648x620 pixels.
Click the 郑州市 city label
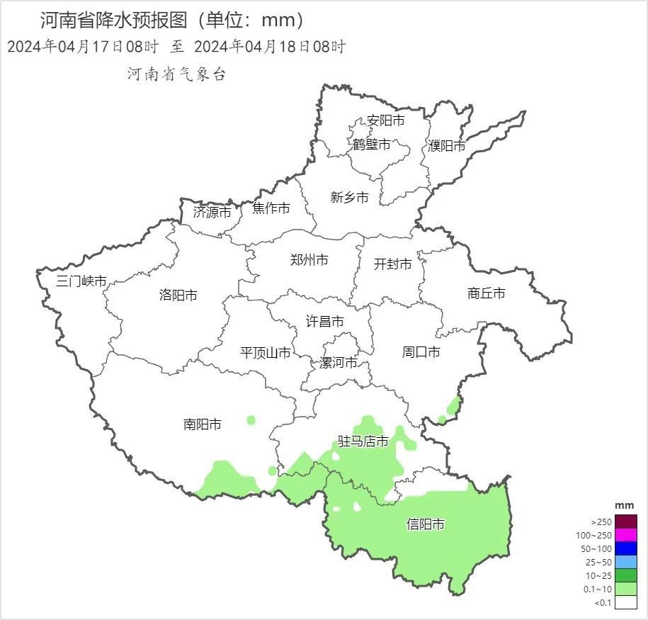pos(309,260)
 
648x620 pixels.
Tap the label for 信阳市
pos(426,524)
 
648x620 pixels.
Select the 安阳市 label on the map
pos(386,120)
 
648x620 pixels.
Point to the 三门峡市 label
pos(81,281)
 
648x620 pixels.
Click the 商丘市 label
pos(487,293)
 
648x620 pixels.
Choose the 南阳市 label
pos(202,424)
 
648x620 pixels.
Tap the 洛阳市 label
pos(178,295)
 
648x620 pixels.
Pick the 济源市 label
pos(212,212)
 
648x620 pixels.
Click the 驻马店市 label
pos(363,442)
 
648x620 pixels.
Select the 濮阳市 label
pos(447,146)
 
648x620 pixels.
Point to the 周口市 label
pos(421,352)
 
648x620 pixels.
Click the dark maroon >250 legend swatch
pos(626,522)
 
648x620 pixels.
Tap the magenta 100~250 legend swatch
pos(626,535)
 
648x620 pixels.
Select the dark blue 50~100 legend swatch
pos(626,548)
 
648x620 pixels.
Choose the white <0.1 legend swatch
pos(626,603)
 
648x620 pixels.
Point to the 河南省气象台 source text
pos(176,74)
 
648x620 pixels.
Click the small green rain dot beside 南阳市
pos(251,420)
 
